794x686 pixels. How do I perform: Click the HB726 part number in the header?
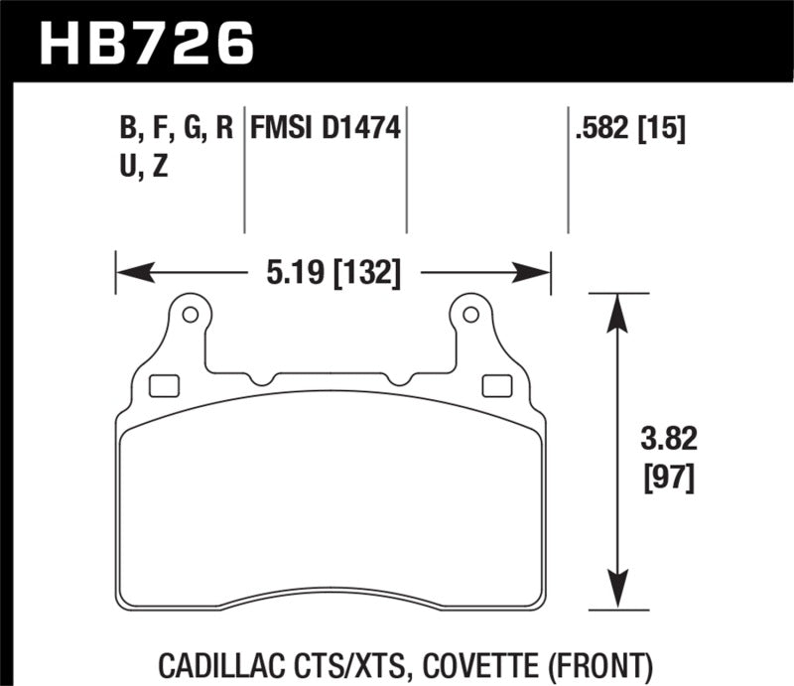tap(146, 42)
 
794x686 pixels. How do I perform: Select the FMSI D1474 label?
tap(326, 129)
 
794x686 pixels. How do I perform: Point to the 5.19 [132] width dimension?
tap(333, 271)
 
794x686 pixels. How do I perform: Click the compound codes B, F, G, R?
tap(176, 129)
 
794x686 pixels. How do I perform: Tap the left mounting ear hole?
tap(190, 316)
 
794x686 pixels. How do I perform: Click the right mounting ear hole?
tap(471, 316)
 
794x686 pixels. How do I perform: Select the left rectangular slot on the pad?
tap(161, 385)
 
